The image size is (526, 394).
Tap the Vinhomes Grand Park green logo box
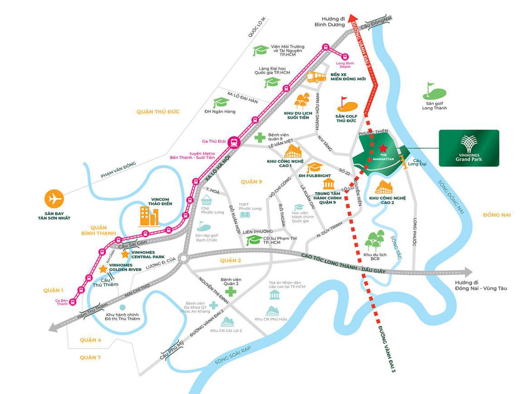point(469,148)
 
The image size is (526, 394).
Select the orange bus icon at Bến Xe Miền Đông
point(317,77)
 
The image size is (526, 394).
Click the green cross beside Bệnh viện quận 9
point(260,137)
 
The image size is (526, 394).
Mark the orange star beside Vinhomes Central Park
point(125,254)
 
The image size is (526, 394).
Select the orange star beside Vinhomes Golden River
point(103,269)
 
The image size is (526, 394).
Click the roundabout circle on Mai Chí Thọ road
point(184,259)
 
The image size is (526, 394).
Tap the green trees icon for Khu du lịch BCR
point(374,240)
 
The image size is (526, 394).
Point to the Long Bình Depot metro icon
point(346,58)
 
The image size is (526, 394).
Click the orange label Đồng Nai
point(497,215)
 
